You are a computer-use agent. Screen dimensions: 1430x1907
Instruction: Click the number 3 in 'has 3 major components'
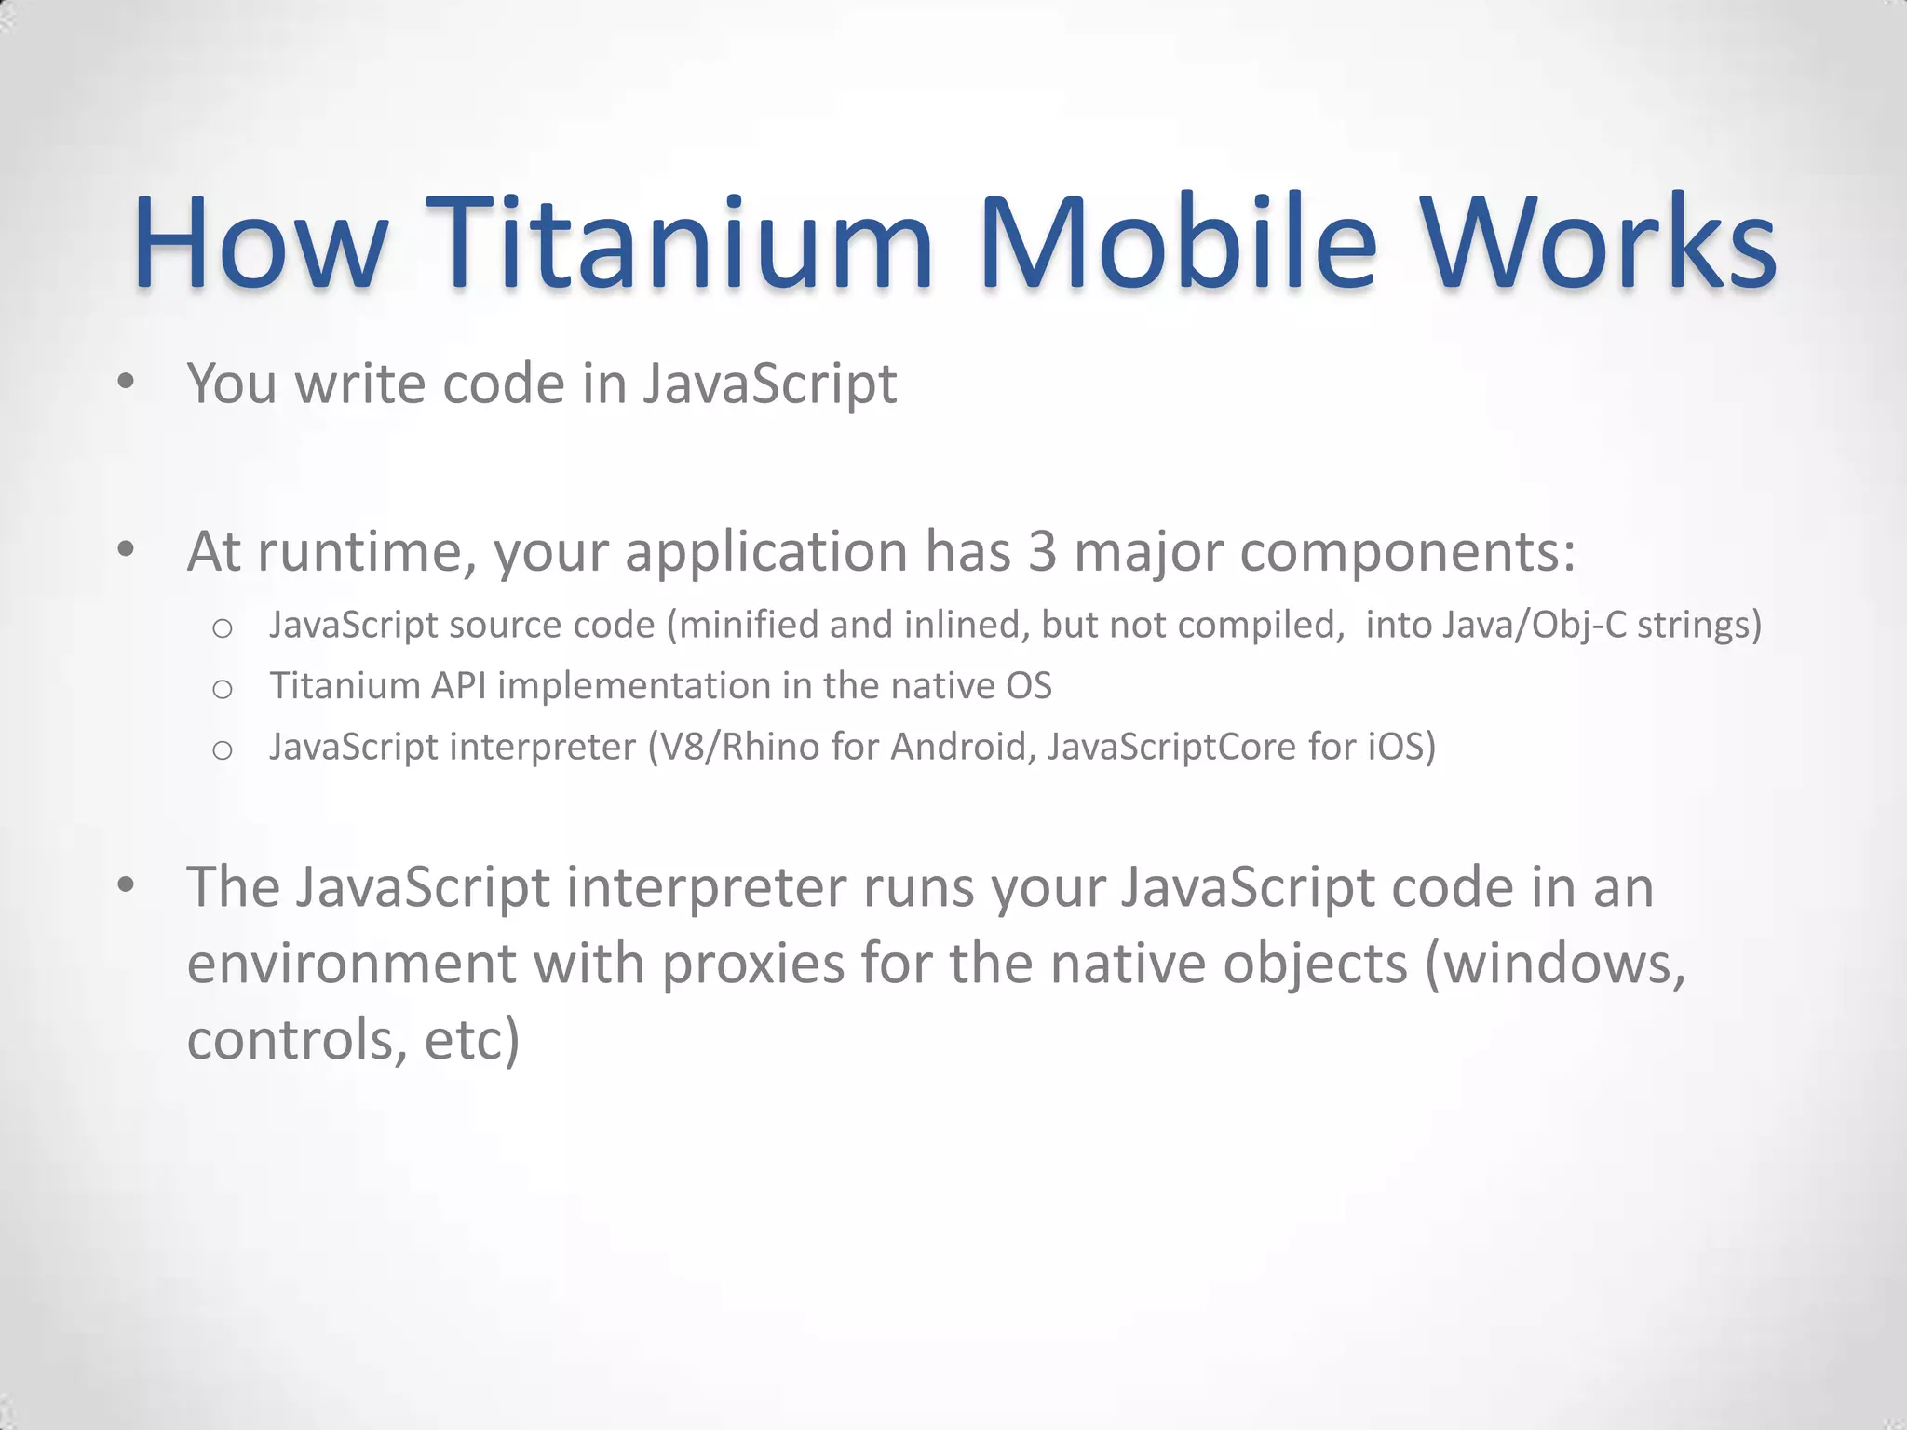(x=1042, y=551)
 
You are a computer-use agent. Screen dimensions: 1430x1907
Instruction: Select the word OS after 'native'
(x=1028, y=686)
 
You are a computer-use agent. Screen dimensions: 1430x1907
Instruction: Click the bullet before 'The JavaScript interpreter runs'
(x=127, y=885)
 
